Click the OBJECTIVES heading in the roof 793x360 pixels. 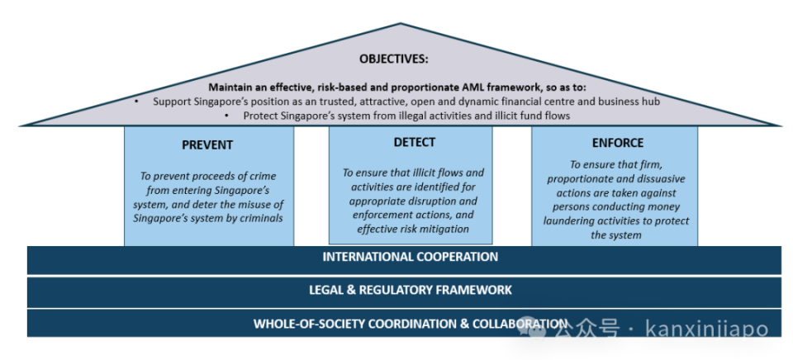(x=394, y=59)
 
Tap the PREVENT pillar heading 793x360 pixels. (x=207, y=144)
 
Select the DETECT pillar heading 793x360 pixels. (x=414, y=142)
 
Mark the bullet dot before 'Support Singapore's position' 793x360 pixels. (x=136, y=101)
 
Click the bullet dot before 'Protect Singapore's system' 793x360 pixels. (x=226, y=116)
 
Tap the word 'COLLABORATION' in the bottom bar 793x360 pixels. (x=520, y=324)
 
